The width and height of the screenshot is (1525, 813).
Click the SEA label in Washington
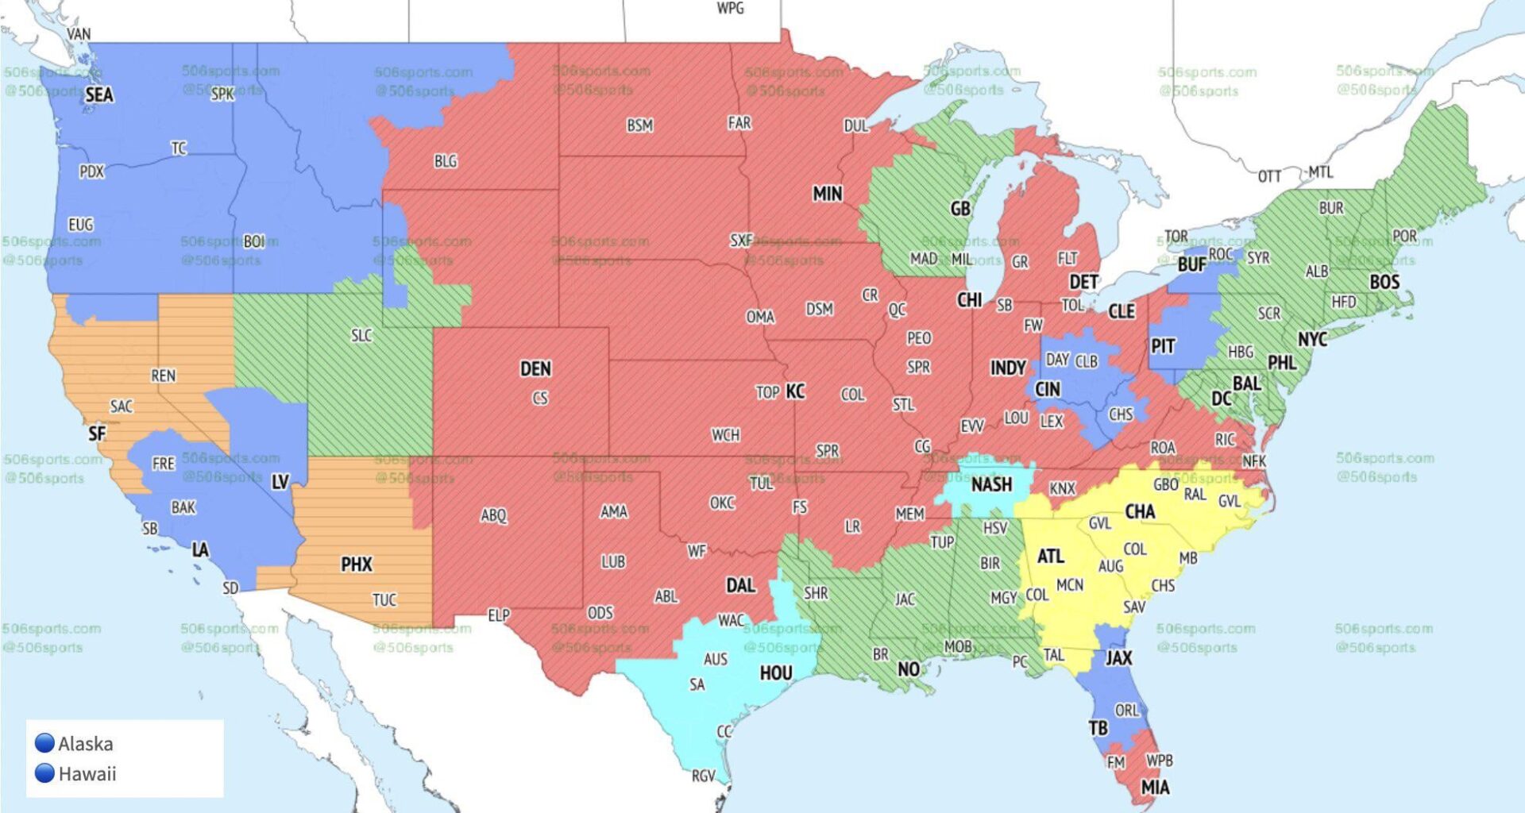click(99, 95)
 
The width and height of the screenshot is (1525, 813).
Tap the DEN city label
click(535, 368)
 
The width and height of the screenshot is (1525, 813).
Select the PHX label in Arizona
click(357, 564)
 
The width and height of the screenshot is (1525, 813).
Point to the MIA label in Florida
click(1155, 788)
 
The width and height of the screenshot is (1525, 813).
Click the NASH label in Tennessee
click(991, 484)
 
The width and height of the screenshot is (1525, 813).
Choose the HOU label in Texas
click(776, 673)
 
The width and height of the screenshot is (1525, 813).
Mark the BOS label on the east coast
click(1384, 282)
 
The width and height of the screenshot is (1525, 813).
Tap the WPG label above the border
click(730, 9)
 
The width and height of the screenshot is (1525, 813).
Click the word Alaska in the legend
click(86, 744)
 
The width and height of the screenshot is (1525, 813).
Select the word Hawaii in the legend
click(87, 773)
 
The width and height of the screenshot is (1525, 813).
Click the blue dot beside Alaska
click(44, 743)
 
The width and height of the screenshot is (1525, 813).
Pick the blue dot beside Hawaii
click(44, 773)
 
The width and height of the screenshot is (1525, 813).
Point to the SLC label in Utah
click(361, 335)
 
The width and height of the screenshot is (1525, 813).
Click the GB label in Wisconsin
click(960, 209)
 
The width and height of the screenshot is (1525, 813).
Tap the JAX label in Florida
click(1118, 657)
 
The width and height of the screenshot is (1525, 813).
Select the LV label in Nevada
click(280, 482)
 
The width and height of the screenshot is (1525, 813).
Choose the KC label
click(795, 391)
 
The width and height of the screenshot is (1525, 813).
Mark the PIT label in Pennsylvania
click(1163, 346)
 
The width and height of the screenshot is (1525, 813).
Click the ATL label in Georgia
click(1050, 557)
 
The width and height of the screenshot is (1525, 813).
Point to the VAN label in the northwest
click(79, 34)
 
